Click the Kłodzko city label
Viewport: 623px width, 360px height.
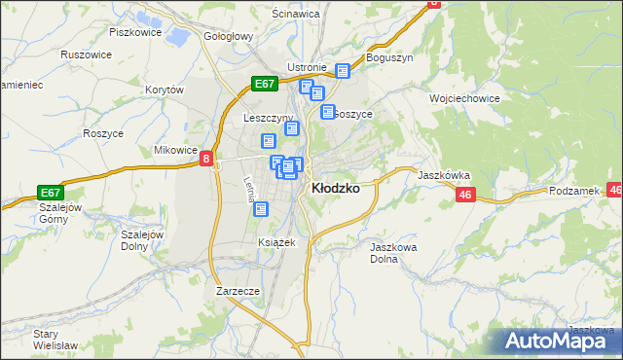335,189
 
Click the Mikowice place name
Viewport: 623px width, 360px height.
176,151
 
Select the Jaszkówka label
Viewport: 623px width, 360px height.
444,176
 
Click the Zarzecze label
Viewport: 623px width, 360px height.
238,291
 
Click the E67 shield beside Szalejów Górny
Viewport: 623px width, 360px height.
51,193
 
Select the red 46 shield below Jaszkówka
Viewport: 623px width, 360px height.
465,196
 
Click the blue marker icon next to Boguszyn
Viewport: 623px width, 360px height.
342,70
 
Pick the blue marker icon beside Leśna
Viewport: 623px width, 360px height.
260,208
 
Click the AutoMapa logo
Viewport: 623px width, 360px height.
560,342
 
